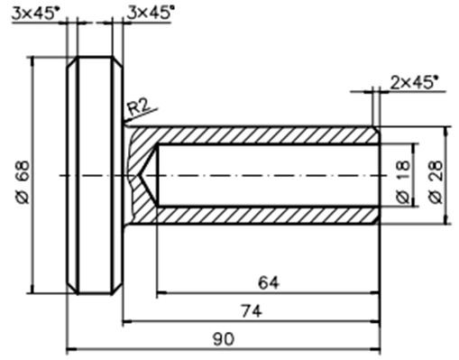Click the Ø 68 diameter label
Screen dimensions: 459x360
(23, 182)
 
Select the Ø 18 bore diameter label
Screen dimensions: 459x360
(403, 182)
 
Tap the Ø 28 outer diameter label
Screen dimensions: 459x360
(436, 182)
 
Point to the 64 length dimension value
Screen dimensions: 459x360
(269, 282)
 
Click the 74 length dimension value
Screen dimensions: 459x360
(252, 311)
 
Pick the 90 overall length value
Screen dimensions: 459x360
(224, 339)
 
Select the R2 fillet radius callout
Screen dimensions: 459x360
(138, 107)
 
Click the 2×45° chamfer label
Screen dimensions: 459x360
(413, 82)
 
